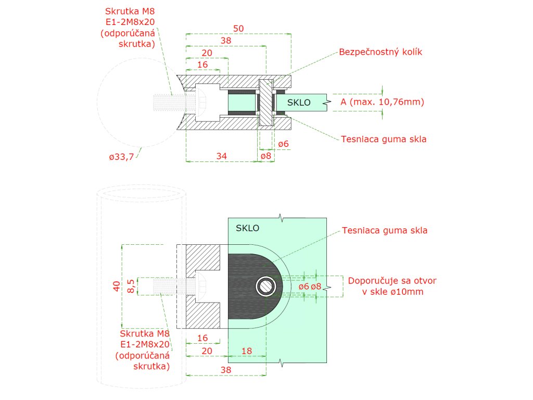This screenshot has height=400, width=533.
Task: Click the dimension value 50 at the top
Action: (238, 29)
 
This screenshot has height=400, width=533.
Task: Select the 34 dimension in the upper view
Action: (221, 156)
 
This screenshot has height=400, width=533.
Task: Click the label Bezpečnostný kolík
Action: (380, 53)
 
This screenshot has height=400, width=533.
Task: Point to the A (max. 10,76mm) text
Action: (382, 102)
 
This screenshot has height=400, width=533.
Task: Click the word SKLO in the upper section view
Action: (299, 103)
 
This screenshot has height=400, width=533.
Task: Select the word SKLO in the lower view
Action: (247, 228)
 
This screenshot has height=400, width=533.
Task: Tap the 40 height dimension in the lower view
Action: (117, 285)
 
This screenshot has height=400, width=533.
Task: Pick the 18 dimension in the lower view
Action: (247, 352)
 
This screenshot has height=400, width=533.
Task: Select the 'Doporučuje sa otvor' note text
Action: (392, 281)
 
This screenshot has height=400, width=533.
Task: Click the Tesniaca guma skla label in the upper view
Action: (384, 139)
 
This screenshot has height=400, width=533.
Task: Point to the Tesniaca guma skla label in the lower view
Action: (384, 230)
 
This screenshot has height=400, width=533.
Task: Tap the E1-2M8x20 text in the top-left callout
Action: (130, 21)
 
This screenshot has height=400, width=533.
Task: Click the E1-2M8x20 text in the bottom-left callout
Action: (145, 344)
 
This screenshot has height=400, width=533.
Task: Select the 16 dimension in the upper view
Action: (203, 64)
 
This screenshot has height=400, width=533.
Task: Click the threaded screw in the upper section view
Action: (167, 102)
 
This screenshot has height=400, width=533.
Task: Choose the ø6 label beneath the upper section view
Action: (283, 144)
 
